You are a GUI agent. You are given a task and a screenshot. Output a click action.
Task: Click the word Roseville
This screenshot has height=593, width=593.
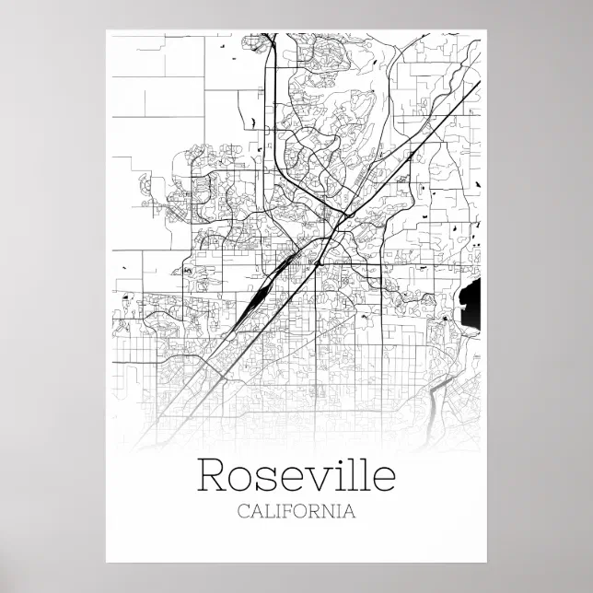coord(296,476)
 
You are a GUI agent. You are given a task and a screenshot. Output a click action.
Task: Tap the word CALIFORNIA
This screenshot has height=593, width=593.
coord(296,511)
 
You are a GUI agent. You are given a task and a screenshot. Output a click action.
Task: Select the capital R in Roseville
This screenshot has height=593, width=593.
coord(213,476)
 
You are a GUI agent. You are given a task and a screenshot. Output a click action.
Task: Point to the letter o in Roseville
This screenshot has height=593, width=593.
coord(243,480)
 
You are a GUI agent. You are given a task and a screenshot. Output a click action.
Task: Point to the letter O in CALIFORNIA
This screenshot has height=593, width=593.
coord(307,511)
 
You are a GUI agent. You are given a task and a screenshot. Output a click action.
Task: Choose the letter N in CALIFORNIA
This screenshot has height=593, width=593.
coord(334,511)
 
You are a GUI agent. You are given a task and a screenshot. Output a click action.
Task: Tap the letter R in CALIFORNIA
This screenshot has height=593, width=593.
coord(320,511)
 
